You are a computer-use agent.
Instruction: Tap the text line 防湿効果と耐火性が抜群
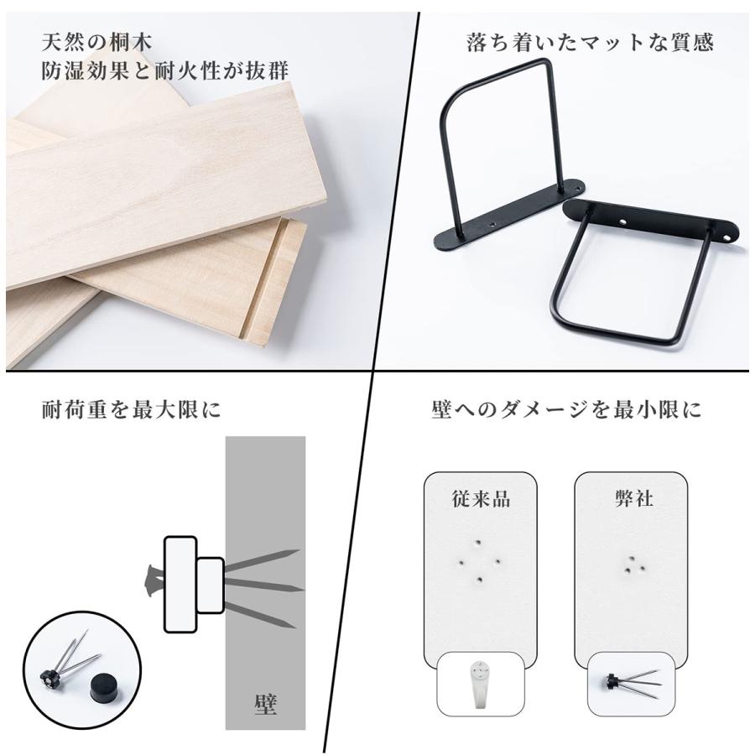[x=166, y=71]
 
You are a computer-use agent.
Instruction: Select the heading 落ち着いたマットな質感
[x=590, y=43]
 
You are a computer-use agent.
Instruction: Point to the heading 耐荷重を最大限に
[x=132, y=410]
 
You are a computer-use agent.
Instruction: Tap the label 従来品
[x=480, y=498]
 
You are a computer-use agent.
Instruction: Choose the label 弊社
[x=633, y=498]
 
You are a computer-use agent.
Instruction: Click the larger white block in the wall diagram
[x=180, y=583]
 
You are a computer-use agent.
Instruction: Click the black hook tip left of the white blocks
[x=151, y=579]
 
